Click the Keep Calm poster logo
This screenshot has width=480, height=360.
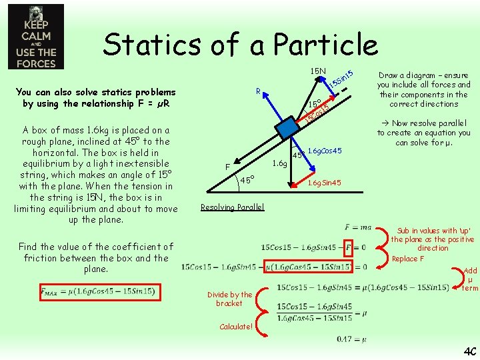[x=36, y=37]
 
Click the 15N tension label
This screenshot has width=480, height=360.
[x=318, y=71]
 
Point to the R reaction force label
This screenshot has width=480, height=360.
[x=258, y=91]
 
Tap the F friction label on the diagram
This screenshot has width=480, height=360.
[x=227, y=167]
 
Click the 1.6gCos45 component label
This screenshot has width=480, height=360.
[x=325, y=151]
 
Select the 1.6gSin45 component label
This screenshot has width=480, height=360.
[x=324, y=183]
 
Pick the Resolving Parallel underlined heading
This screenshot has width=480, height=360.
[x=233, y=207]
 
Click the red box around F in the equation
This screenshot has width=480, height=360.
[x=348, y=248]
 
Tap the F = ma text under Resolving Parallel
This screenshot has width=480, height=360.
[x=359, y=229]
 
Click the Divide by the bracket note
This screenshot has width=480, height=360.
[x=229, y=299]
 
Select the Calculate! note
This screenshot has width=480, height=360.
[x=236, y=327]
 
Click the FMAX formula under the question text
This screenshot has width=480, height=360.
[x=97, y=291]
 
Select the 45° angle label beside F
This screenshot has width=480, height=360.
[x=247, y=180]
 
